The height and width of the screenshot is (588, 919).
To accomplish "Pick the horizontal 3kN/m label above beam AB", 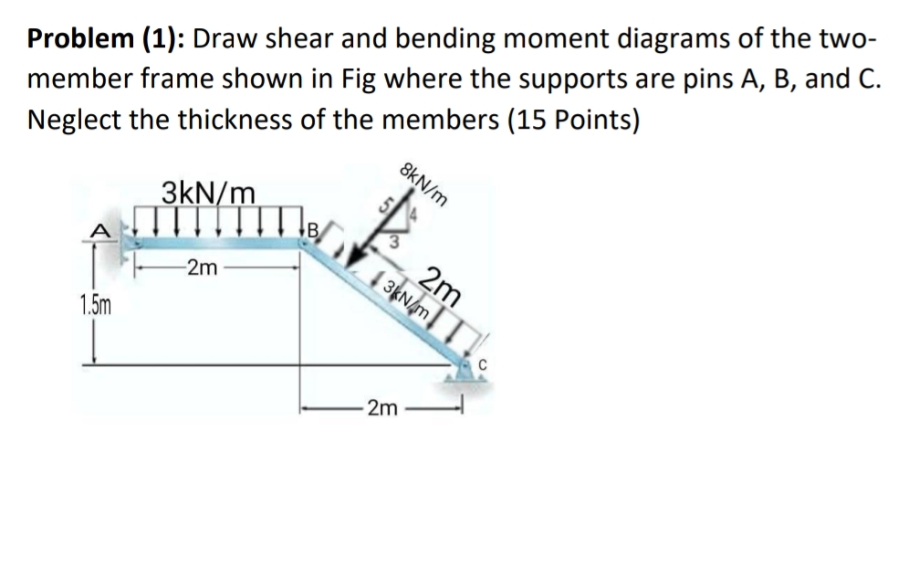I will click(x=208, y=194).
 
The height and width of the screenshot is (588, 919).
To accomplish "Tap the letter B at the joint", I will click(x=311, y=230).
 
